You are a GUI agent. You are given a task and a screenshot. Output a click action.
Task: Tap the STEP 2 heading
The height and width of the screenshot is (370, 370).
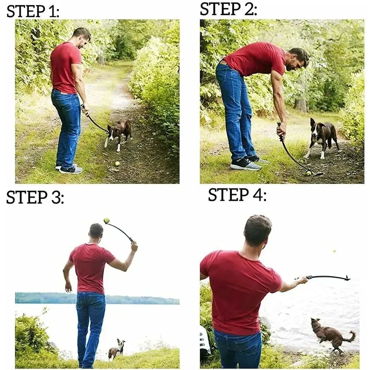click(x=228, y=9)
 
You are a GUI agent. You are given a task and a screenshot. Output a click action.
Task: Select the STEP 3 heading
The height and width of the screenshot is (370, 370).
click(x=35, y=198)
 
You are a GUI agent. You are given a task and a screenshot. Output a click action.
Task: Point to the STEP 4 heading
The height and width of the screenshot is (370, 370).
click(x=237, y=195)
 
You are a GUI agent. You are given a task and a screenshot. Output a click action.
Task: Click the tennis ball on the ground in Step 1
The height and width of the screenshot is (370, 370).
click(x=117, y=163)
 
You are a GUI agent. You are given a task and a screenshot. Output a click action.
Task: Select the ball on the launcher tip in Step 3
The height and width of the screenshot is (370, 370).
click(x=107, y=221)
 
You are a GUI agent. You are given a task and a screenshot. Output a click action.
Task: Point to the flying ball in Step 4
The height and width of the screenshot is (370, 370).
click(x=334, y=251)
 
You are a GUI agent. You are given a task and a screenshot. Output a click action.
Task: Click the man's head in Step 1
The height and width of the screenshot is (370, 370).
click(x=82, y=37)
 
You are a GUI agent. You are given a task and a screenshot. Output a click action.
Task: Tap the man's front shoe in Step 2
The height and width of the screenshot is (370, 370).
click(x=246, y=164)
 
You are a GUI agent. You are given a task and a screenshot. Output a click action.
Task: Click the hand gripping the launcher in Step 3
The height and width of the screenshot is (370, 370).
click(x=134, y=245)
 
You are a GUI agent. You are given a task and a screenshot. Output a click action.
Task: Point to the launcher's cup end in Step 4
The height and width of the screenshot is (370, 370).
click(x=346, y=278)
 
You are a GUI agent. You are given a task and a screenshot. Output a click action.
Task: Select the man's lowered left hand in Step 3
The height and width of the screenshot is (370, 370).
click(x=68, y=287)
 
